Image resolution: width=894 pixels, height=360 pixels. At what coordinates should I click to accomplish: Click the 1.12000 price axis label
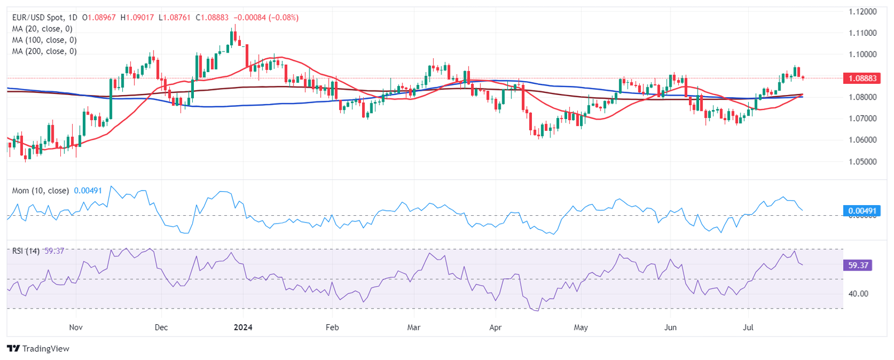click(862, 12)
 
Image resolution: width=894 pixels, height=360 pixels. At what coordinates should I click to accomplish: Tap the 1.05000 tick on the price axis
click(862, 162)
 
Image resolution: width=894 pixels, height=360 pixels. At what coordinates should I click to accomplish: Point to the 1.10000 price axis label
click(862, 55)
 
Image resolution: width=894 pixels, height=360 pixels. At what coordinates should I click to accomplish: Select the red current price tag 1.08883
click(862, 78)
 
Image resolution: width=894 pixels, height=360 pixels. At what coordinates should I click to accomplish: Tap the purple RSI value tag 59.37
click(858, 265)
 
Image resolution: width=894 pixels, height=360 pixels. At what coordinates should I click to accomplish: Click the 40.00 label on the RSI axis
click(858, 293)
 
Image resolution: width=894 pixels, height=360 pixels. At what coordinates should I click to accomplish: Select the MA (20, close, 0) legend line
click(42, 29)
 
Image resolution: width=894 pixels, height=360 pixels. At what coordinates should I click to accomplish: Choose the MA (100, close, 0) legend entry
click(44, 40)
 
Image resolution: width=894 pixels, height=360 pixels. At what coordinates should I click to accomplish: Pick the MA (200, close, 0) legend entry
click(44, 51)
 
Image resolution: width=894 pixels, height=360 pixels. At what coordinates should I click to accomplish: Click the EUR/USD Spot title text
click(38, 18)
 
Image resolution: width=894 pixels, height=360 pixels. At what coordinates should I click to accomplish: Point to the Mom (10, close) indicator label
click(40, 191)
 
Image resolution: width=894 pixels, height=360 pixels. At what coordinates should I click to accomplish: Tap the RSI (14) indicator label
click(26, 251)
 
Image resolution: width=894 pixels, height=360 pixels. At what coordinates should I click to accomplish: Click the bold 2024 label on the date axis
click(243, 327)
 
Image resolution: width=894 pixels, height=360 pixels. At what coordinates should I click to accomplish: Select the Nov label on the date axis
click(75, 327)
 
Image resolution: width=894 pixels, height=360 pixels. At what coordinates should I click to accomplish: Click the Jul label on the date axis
click(748, 327)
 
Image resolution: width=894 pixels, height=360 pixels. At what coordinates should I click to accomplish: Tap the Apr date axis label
click(495, 327)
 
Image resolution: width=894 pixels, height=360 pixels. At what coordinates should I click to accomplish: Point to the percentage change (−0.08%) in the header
click(284, 18)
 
